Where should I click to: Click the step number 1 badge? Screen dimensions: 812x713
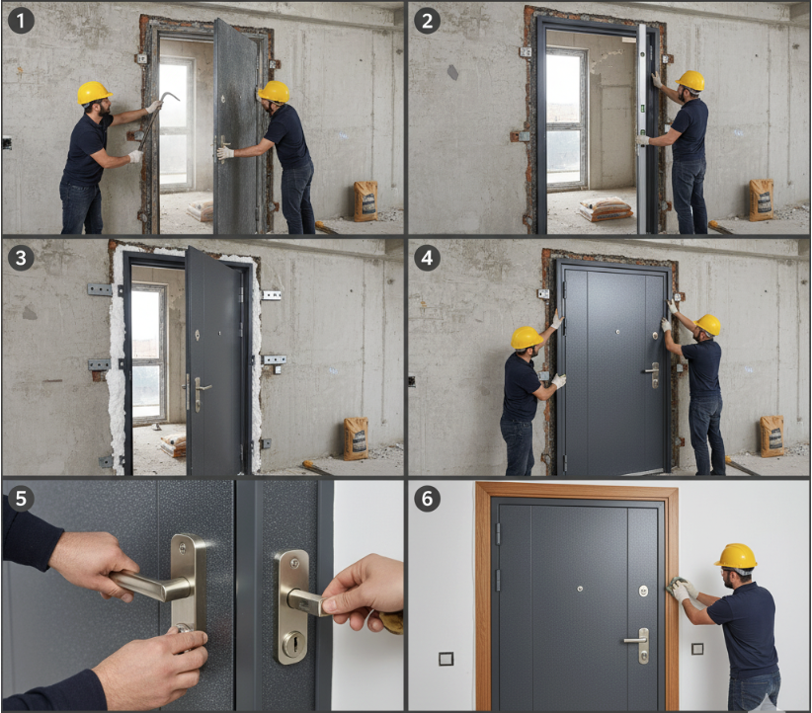coord(21,21)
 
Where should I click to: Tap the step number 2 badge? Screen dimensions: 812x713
coord(427,21)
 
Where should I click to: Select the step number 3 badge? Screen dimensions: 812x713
coord(21,258)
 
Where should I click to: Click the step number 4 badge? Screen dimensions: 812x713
coord(427,258)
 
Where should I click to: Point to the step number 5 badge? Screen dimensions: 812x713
coord(21,498)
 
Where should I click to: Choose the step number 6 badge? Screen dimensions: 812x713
coord(427,498)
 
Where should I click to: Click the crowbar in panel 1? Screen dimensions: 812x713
coord(155,119)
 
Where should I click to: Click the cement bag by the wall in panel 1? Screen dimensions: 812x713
coord(365,201)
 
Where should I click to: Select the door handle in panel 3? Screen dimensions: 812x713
coord(201,392)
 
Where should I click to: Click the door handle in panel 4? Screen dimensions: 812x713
coord(653,374)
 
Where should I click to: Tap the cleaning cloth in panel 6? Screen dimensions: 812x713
coord(676,587)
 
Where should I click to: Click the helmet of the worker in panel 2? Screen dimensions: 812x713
coord(690,81)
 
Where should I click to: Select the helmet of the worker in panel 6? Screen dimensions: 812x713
coord(736,556)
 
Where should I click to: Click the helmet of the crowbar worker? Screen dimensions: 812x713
coord(94,93)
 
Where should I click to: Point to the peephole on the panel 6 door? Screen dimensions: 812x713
coord(580,589)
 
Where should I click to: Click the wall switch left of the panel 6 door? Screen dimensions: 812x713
coord(446,659)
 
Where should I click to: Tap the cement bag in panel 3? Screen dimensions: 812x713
coord(357,438)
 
